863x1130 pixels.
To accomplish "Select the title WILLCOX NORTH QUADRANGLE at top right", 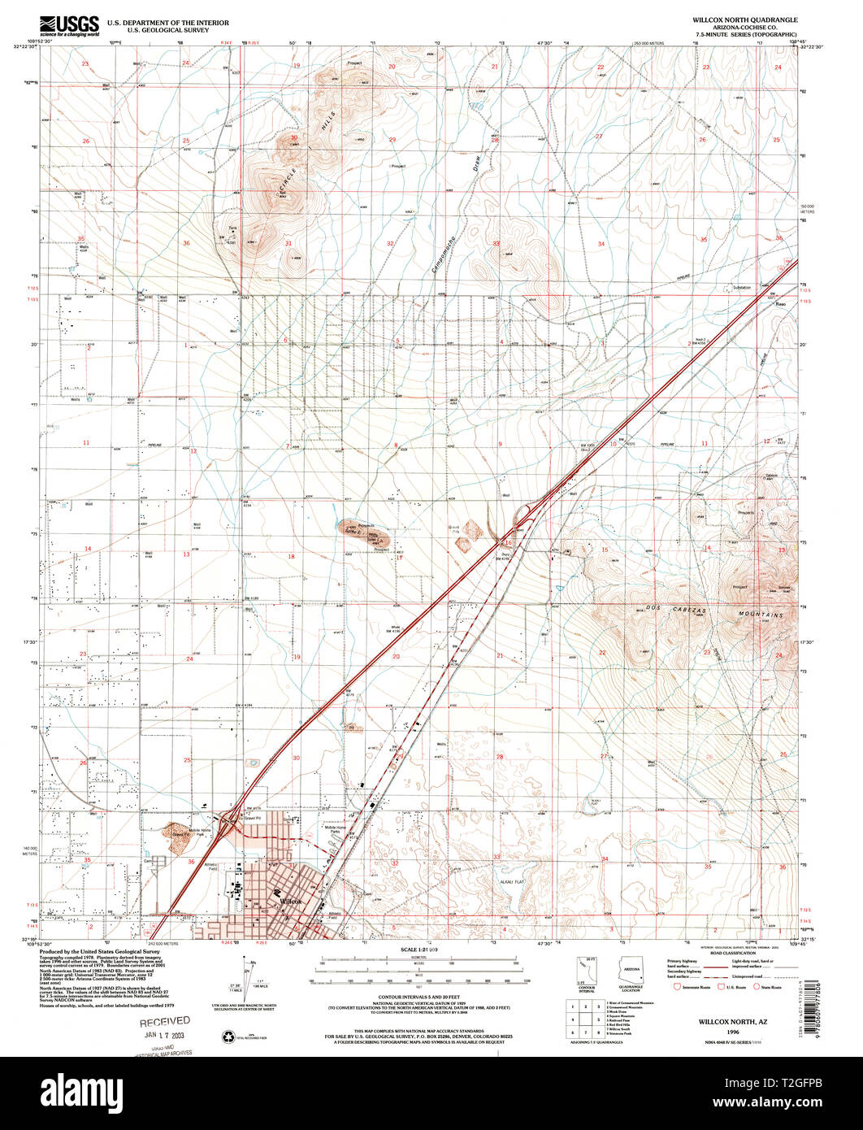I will pyautogui.click(x=733, y=19).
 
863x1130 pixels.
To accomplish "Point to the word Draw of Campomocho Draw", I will pyautogui.click(x=479, y=163).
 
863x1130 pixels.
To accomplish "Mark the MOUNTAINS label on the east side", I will pyautogui.click(x=760, y=615).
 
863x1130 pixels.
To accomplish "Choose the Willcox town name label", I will pyautogui.click(x=291, y=902).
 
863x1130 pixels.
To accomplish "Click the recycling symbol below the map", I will pyautogui.click(x=228, y=1036).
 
